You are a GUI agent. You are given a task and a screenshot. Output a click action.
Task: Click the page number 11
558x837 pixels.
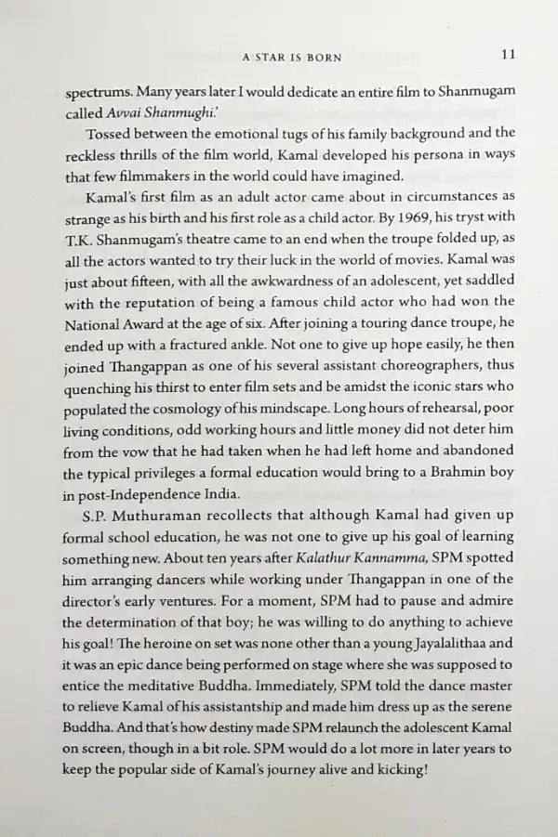[508, 55]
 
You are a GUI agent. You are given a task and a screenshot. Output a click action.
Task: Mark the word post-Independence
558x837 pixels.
[152, 496]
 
